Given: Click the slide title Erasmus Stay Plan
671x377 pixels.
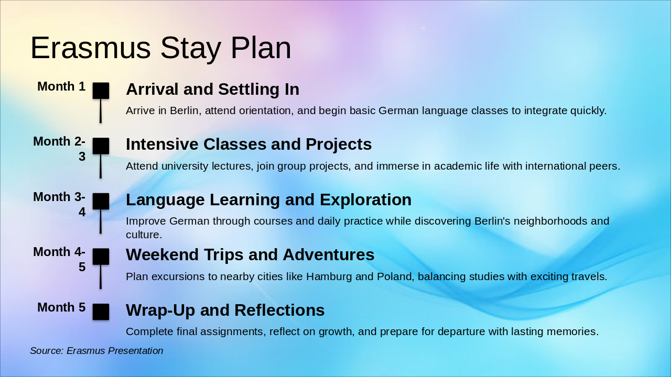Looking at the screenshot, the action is [161, 48].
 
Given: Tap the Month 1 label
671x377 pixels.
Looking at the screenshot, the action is [61, 86].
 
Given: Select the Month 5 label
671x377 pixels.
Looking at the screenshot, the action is [61, 307].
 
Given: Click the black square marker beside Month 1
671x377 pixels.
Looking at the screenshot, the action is [101, 91].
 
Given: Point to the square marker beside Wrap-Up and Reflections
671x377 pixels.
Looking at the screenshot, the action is [101, 312].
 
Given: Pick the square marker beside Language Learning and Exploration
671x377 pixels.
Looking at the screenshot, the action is [101, 201].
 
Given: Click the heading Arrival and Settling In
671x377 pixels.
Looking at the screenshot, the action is [213, 89].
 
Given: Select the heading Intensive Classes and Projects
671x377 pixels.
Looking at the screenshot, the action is [249, 144].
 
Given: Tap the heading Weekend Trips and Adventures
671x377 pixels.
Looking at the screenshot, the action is [250, 255].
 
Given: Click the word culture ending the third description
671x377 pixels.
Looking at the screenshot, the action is [144, 235].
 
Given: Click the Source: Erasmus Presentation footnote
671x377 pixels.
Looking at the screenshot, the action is [96, 351].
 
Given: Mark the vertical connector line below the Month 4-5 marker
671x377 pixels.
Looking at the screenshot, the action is [101, 277].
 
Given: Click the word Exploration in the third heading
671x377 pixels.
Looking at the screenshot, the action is [365, 199].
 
